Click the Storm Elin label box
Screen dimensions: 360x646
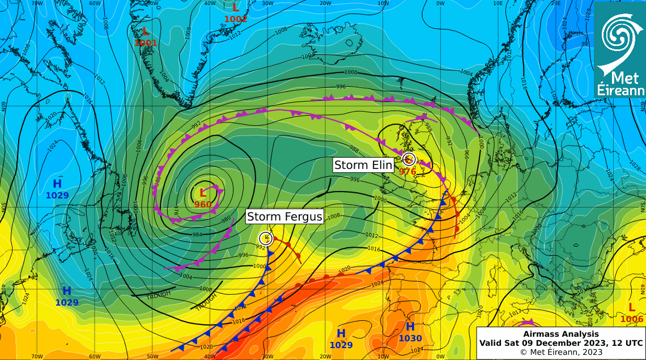(363, 165)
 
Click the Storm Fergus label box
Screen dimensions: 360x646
(284, 217)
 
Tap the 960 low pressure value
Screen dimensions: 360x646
(203, 205)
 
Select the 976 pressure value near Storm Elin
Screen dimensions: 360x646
(407, 171)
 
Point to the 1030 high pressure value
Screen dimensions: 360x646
(410, 338)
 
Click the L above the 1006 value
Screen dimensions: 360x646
(632, 307)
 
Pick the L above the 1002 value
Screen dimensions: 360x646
(236, 7)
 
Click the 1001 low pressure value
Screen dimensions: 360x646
(146, 43)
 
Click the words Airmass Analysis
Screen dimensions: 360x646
(560, 334)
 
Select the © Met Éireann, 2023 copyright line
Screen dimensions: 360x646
(560, 352)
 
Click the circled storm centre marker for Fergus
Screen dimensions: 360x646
(265, 238)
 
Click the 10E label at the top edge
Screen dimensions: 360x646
(498, 3)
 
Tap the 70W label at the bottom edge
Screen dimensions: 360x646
(37, 356)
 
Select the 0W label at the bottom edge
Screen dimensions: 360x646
(440, 356)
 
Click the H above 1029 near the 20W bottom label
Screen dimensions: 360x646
(341, 333)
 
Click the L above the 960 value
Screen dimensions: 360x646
(203, 193)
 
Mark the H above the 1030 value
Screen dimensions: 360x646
(410, 327)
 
